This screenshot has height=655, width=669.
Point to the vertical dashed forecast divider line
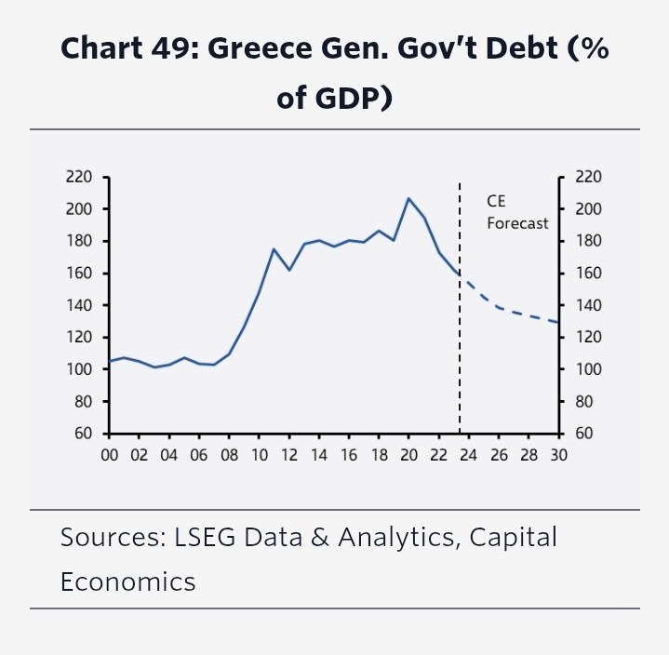click(460, 354)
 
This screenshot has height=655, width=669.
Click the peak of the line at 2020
click(408, 198)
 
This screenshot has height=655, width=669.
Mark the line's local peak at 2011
click(274, 249)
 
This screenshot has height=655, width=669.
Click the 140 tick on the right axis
click(590, 305)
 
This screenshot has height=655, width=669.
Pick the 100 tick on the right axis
click(590, 369)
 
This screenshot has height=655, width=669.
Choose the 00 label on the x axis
click(109, 456)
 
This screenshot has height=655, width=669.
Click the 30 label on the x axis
click(559, 456)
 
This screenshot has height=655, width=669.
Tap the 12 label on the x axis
click(288, 456)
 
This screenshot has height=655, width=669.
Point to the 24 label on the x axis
click(469, 456)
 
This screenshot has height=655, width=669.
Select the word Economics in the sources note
click(127, 581)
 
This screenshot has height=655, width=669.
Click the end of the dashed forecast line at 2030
click(558, 322)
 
